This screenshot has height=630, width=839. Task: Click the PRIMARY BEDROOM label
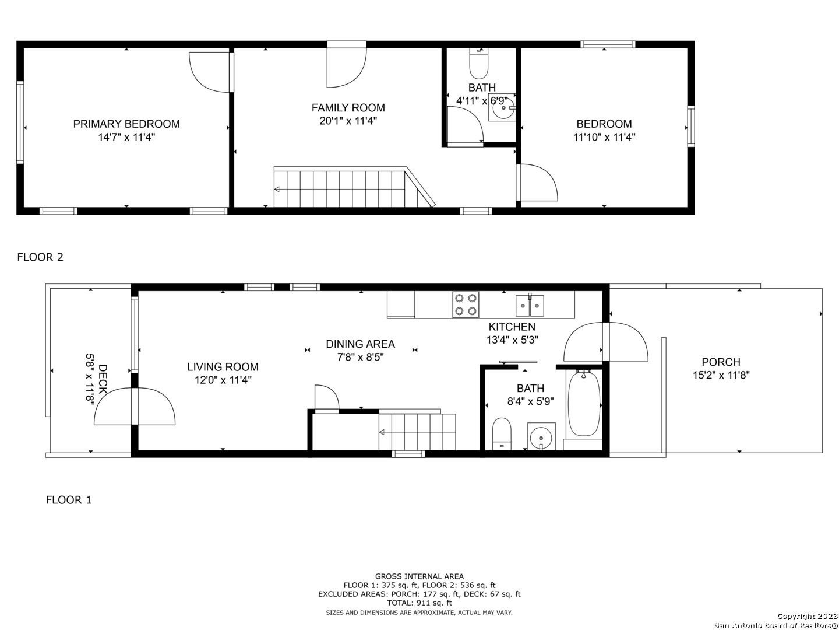tap(126, 124)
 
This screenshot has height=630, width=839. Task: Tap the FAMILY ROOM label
tap(348, 108)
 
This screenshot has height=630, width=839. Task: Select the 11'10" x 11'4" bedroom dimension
tap(604, 137)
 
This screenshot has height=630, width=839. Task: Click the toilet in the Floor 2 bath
tap(478, 64)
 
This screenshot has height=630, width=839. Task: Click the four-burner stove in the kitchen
tap(466, 304)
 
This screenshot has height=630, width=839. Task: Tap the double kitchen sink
tap(530, 305)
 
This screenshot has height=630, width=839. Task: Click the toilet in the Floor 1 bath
tap(502, 434)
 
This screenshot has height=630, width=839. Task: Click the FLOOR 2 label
tap(40, 257)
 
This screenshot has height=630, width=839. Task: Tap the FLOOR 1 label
tap(69, 500)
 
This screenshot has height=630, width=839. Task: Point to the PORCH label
tap(721, 362)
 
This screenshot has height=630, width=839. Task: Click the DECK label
tap(103, 379)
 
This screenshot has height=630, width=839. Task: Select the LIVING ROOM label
tap(223, 367)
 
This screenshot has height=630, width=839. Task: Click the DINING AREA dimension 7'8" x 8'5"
tap(361, 357)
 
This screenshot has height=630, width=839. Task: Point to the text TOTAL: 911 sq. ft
tap(419, 603)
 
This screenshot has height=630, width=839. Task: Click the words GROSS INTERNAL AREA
tap(419, 576)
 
